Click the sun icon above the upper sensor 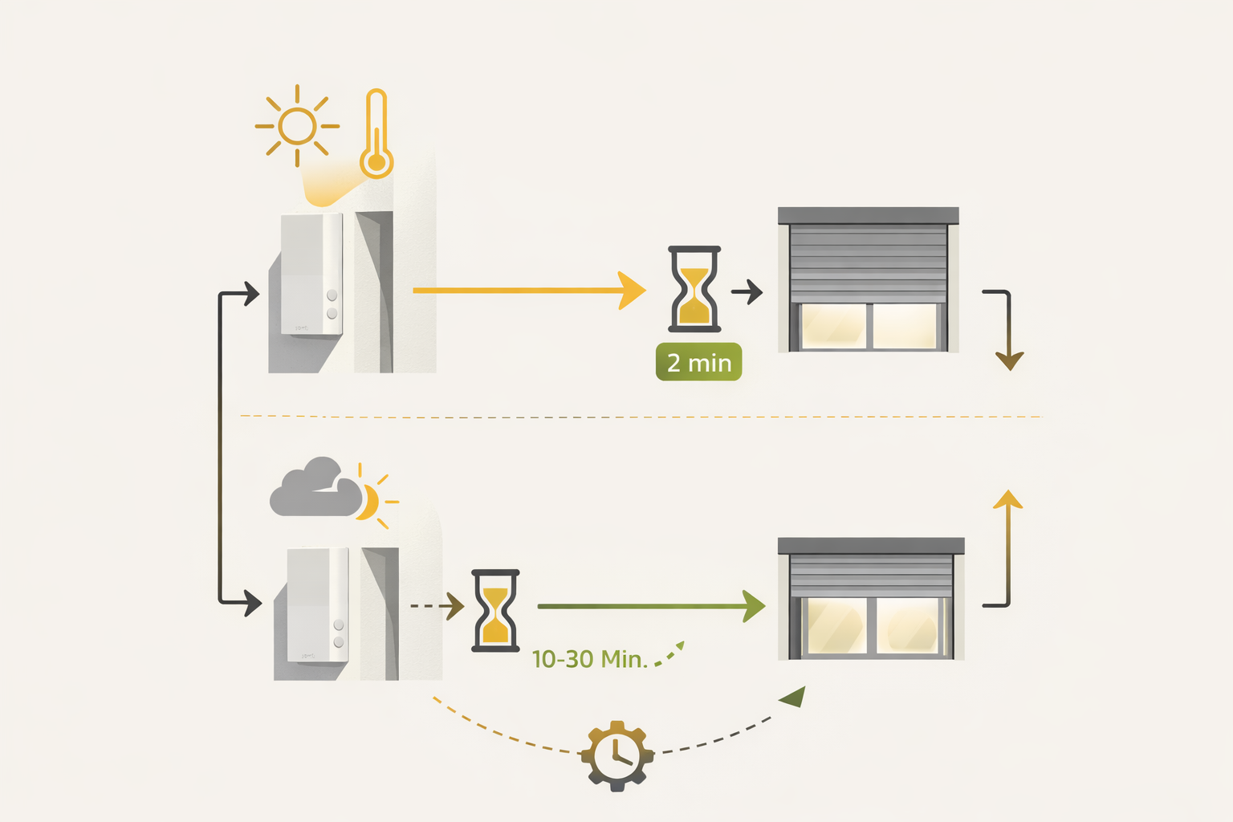coord(297,126)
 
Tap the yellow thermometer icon coord(376,134)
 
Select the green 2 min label coord(698,362)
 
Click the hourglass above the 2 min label coord(694,289)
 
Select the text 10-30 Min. coord(589,659)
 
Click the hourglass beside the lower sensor coord(495,611)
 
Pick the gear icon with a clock coord(616,755)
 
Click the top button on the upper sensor coord(332,295)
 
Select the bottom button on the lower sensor coord(339,642)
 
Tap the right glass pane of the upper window coord(905,326)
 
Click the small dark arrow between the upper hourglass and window coord(747,291)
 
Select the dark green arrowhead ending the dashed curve coord(793,697)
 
